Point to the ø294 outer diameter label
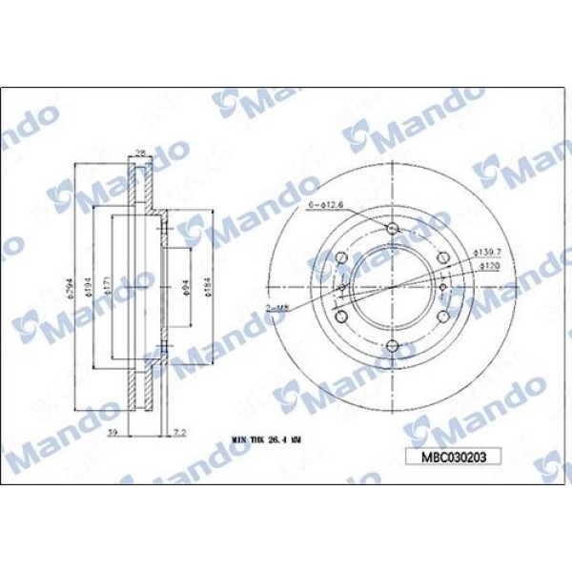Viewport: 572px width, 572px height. tap(73, 277)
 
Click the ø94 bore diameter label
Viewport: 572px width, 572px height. tap(187, 287)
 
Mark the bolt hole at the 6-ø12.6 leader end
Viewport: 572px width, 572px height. tap(392, 228)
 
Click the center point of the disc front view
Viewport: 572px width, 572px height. tap(392, 287)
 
